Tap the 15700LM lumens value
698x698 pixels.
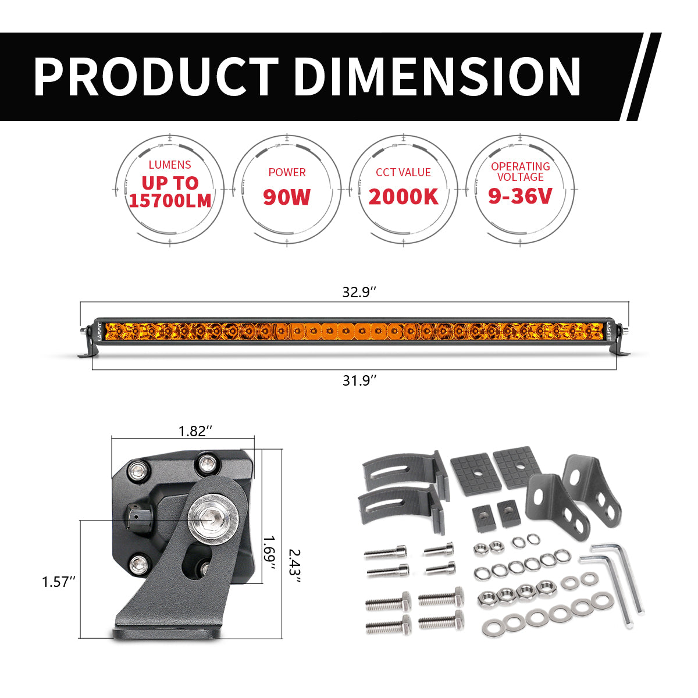tap(170, 200)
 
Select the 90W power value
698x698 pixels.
tap(287, 197)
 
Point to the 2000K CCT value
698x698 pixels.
tap(403, 197)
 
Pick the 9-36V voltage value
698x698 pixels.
tap(520, 196)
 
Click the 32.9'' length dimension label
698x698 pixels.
tap(359, 293)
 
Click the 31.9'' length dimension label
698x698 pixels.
tap(359, 380)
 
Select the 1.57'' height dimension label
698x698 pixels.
tap(59, 581)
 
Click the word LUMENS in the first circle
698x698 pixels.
tap(170, 165)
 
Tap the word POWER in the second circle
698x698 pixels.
tap(287, 172)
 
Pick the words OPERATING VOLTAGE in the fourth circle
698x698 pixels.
tap(520, 172)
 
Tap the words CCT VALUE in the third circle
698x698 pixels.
tap(403, 172)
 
